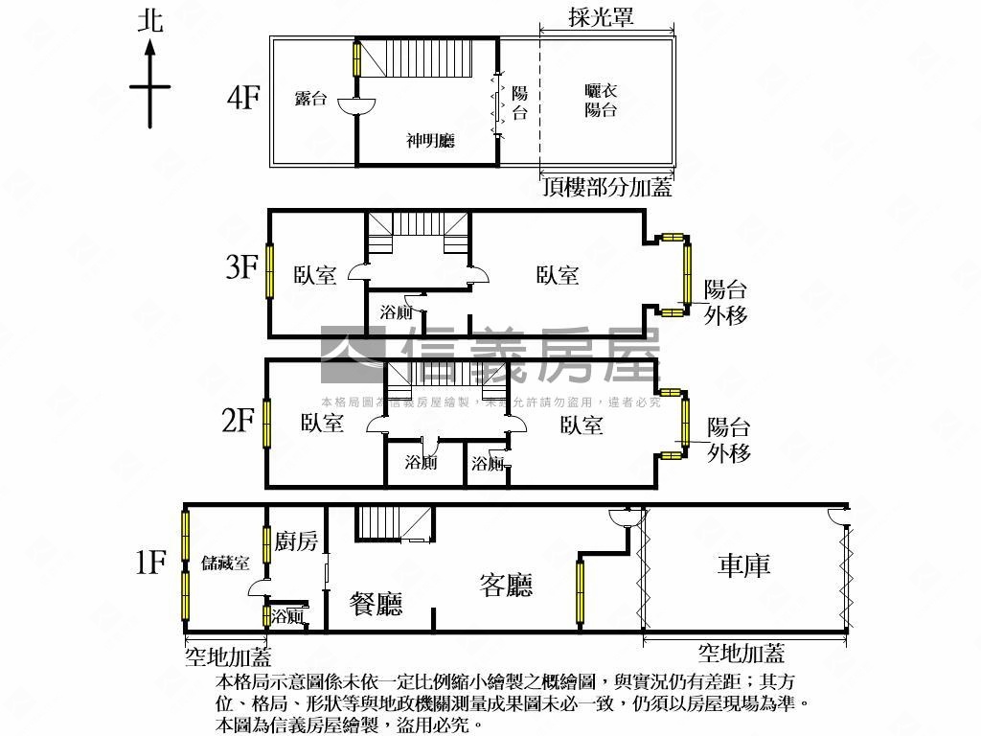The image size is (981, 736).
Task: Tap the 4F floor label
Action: click(x=243, y=99)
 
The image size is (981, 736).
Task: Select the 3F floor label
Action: click(x=242, y=266)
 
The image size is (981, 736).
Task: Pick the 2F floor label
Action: click(x=239, y=420)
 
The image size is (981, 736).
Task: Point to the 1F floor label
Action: click(x=152, y=562)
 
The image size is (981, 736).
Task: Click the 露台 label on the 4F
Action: click(x=310, y=98)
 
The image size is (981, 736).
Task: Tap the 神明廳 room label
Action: click(x=430, y=141)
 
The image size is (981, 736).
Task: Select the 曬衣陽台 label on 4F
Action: click(x=601, y=101)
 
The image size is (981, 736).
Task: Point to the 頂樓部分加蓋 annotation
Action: click(x=607, y=188)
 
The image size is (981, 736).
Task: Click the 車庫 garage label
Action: click(x=744, y=565)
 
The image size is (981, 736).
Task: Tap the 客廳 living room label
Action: click(x=506, y=584)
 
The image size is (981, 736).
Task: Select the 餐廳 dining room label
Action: click(x=376, y=603)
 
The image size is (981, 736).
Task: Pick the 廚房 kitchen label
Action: click(x=295, y=541)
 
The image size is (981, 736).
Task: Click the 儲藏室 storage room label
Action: click(x=226, y=563)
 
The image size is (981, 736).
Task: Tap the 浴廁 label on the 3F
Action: click(x=396, y=311)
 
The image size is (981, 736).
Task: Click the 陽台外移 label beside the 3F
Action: click(x=725, y=303)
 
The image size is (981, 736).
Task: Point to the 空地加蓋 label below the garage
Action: click(x=741, y=654)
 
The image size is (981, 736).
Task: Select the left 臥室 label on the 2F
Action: click(x=321, y=423)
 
